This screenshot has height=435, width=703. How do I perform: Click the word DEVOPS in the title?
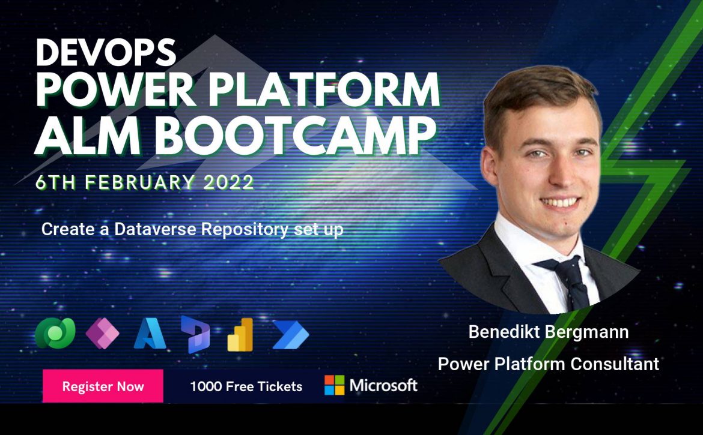click(106, 52)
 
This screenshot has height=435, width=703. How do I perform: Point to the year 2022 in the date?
click(229, 182)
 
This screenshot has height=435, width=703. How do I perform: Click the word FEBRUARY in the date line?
click(139, 182)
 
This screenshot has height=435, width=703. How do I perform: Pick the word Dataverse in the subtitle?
click(155, 229)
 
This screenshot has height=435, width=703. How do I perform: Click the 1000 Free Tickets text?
click(246, 386)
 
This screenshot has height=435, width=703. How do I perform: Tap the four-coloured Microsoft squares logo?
click(335, 385)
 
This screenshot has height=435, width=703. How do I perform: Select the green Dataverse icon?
click(55, 333)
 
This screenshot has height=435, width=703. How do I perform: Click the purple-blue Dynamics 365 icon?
click(195, 334)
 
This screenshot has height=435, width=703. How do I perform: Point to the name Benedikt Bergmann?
click(549, 332)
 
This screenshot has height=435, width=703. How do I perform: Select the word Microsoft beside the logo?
click(383, 385)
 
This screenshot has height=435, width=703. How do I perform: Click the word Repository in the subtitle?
click(245, 230)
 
